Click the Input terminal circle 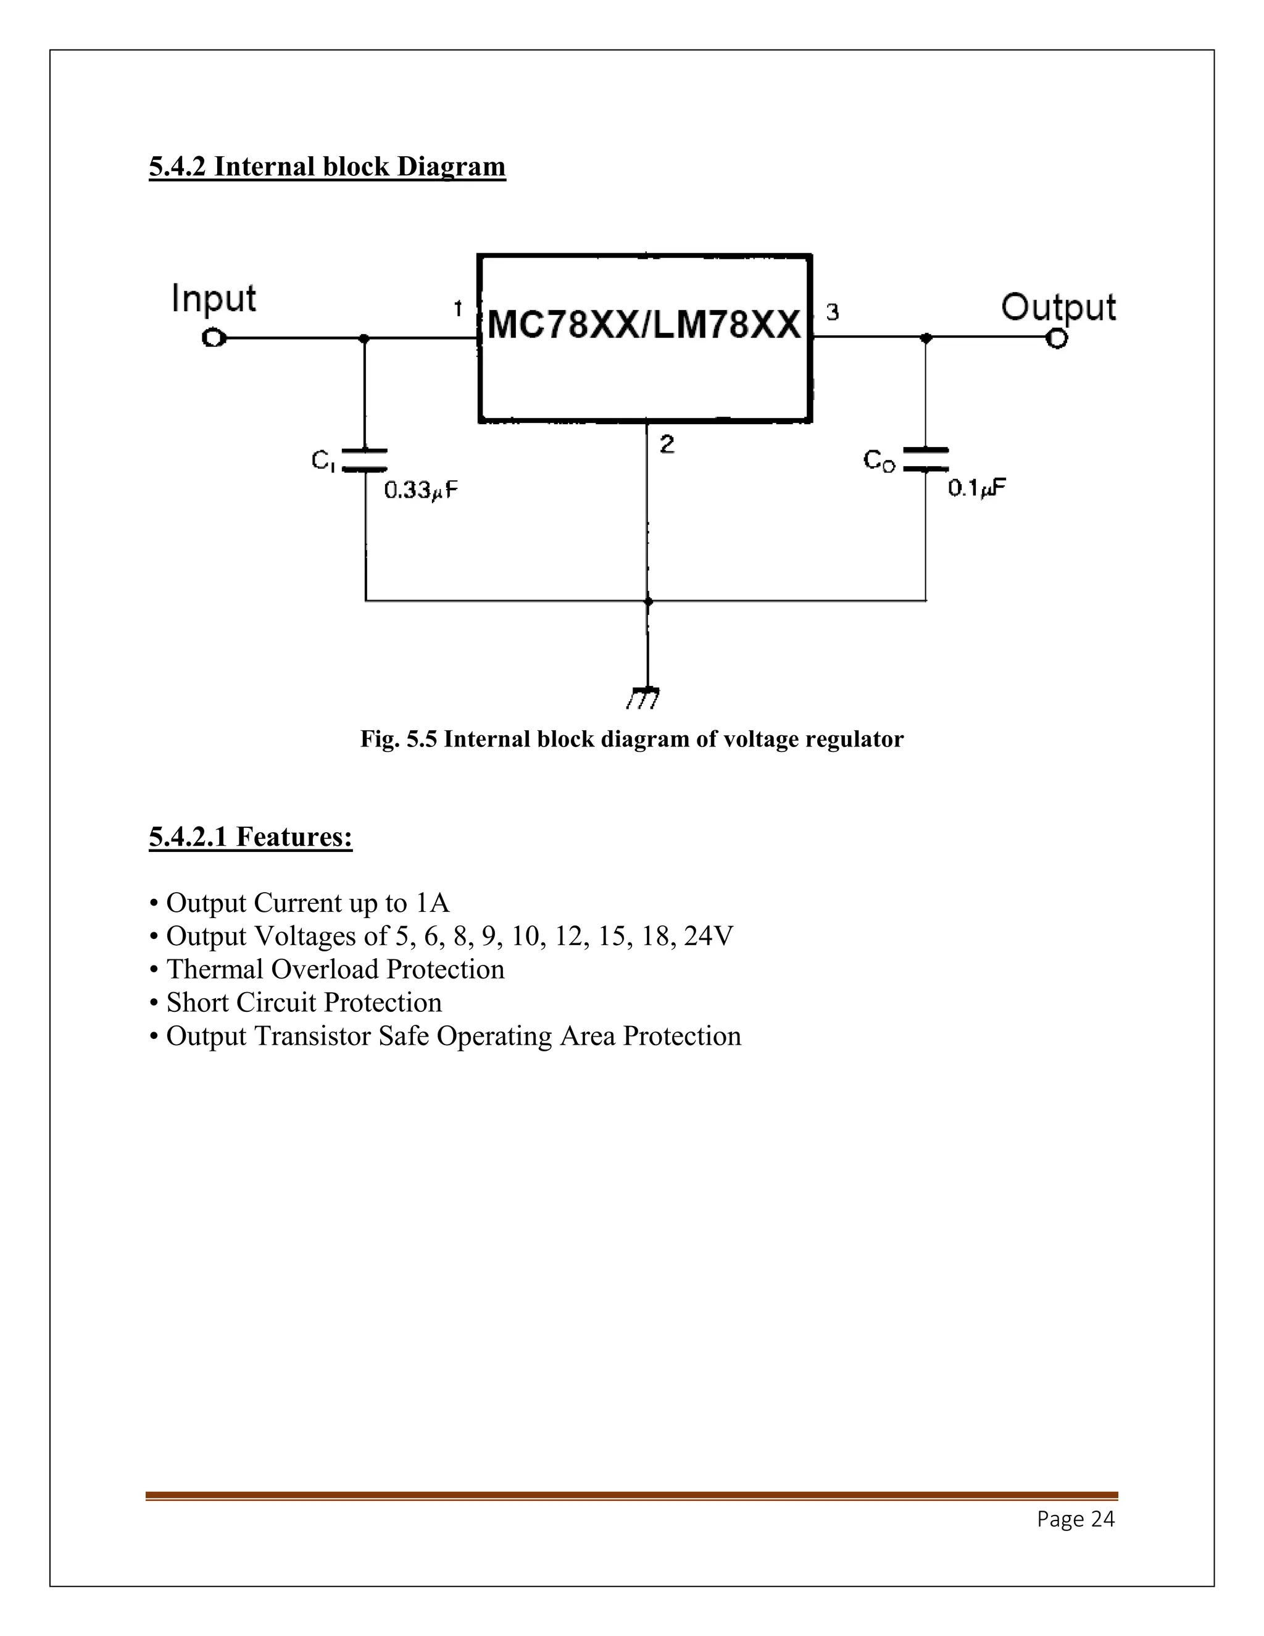214,338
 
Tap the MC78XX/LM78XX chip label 644,326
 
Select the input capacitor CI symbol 365,460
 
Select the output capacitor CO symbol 926,459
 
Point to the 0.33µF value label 420,491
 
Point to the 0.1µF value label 976,488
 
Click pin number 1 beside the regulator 457,309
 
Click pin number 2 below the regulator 667,445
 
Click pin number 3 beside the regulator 833,312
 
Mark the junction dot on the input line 365,338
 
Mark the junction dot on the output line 926,338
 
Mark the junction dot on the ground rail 647,601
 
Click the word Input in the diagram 214,299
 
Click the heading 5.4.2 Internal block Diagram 327,166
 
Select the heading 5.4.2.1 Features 250,837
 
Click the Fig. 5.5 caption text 631,740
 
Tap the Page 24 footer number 1075,1519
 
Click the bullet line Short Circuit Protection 303,1002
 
